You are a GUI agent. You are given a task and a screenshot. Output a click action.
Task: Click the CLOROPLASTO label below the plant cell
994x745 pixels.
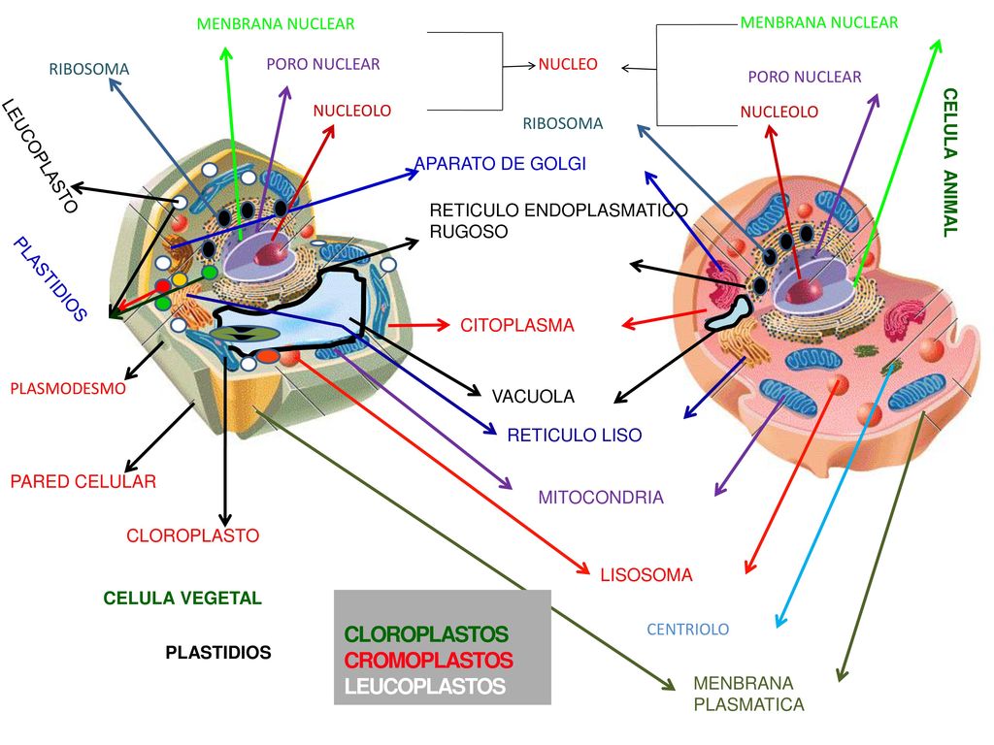coord(193,535)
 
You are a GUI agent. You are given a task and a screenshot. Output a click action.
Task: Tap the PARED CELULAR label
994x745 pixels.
coord(83,481)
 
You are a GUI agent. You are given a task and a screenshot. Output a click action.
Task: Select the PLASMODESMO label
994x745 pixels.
coord(68,388)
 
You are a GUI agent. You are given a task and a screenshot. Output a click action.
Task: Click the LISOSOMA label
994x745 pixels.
coord(646,575)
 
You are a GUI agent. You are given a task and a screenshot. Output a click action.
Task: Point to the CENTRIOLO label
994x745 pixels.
coord(688,629)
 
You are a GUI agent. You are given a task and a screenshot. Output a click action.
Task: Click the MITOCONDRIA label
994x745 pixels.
coord(601,498)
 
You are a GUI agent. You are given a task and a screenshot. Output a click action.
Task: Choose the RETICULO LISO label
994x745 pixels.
coord(575,436)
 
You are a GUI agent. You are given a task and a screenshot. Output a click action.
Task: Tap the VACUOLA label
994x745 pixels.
coord(533,397)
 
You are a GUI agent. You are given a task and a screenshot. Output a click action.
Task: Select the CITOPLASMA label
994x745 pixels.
coord(517,326)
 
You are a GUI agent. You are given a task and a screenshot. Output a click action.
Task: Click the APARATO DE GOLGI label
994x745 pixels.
coord(500,163)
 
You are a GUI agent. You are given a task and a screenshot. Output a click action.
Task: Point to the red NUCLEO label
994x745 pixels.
coord(568,64)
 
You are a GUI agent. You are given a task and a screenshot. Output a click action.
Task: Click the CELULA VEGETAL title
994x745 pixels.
coord(182,598)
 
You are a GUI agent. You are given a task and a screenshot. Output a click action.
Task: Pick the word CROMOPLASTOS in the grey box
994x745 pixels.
coord(428,660)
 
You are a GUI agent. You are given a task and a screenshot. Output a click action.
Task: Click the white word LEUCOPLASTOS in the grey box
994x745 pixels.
coord(425,686)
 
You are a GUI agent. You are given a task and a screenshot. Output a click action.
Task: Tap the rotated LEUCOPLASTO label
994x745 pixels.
coord(41,156)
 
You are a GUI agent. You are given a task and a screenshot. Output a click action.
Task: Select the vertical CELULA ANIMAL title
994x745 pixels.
coord(949,162)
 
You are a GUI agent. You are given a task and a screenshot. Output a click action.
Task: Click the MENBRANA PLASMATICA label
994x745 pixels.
coord(748,694)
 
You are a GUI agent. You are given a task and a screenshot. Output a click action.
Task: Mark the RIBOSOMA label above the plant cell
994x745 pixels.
coord(88,69)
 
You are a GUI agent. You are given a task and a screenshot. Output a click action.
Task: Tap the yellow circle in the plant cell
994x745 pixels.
coord(180,279)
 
